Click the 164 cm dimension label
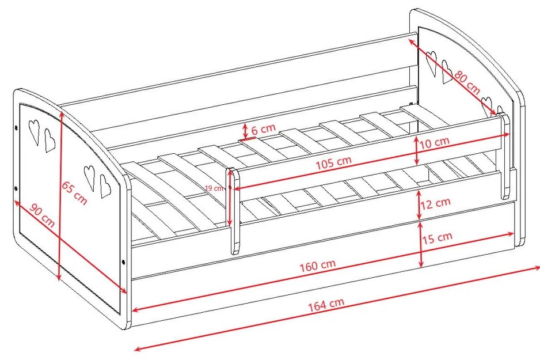tap(326, 305)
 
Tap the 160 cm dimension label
tap(317, 266)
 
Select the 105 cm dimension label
tap(334, 162)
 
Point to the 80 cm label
tap(467, 82)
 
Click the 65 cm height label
tap(74, 192)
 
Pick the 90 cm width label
tap(42, 215)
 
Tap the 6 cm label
tap(264, 129)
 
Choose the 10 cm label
tap(435, 142)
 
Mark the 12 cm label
tap(435, 203)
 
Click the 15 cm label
tap(437, 238)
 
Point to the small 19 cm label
tap(214, 188)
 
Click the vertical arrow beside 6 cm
tap(245, 131)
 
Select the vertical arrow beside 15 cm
tap(421, 244)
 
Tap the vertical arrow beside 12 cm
tap(419, 204)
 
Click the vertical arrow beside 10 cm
tap(417, 150)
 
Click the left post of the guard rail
tap(234, 211)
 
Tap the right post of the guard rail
tap(504, 157)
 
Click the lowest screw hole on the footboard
tap(124, 263)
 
